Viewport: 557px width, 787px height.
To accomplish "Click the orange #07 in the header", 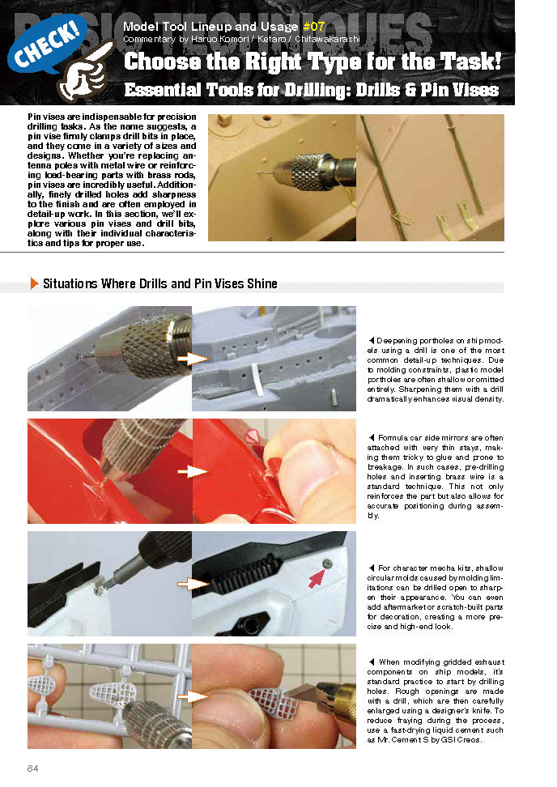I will tap(313, 26).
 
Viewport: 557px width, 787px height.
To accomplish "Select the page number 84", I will tap(33, 768).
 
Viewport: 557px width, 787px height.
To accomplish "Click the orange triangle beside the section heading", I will tap(34, 283).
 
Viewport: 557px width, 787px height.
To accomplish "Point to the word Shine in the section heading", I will tap(261, 283).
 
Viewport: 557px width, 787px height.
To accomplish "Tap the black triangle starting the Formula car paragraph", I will tap(370, 438).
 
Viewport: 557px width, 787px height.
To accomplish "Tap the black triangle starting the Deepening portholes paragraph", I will tap(370, 338).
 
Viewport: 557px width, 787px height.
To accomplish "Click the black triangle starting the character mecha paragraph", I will tap(370, 568).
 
